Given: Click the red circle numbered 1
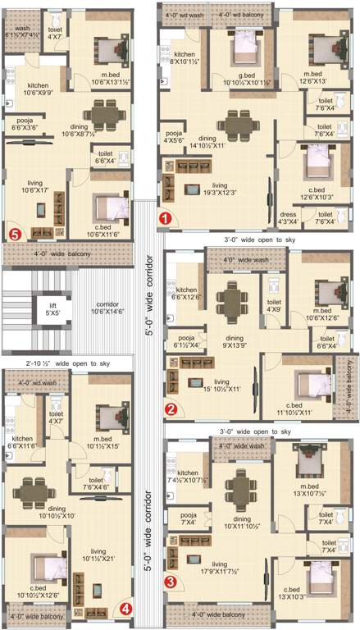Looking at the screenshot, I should [165, 218].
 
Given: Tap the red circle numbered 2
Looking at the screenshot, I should [171, 409].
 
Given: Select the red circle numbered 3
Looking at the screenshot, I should [171, 582].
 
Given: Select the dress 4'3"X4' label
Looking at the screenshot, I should [288, 217].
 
